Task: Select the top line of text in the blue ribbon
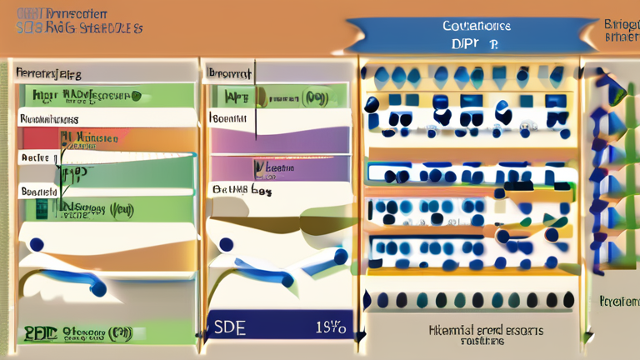(x=477, y=26)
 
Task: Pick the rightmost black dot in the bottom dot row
(x=568, y=299)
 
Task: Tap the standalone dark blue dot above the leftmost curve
(x=36, y=245)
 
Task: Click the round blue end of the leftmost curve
(x=98, y=290)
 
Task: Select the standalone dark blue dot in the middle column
(x=225, y=245)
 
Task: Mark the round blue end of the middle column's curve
(x=288, y=281)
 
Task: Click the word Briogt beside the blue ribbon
(x=620, y=25)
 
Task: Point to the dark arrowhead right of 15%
(x=361, y=336)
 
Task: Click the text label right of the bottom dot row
(x=617, y=300)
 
